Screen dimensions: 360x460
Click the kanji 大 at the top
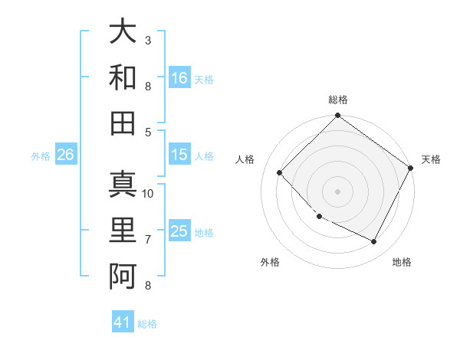[123, 33]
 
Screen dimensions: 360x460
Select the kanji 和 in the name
[123, 77]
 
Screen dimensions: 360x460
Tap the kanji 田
[123, 123]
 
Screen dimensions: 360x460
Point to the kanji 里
[123, 231]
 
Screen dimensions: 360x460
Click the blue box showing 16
[179, 77]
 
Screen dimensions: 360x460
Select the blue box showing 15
[179, 155]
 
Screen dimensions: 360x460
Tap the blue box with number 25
[179, 231]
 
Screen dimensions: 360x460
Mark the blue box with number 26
[65, 155]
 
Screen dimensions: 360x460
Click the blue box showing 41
[123, 322]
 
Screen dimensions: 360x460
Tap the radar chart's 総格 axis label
[337, 100]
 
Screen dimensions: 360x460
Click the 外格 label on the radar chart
[270, 262]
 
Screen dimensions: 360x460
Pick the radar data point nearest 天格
[411, 168]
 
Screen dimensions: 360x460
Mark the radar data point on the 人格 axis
[280, 173]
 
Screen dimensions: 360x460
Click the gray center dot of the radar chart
[337, 191]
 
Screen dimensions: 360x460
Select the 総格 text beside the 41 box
[147, 324]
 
